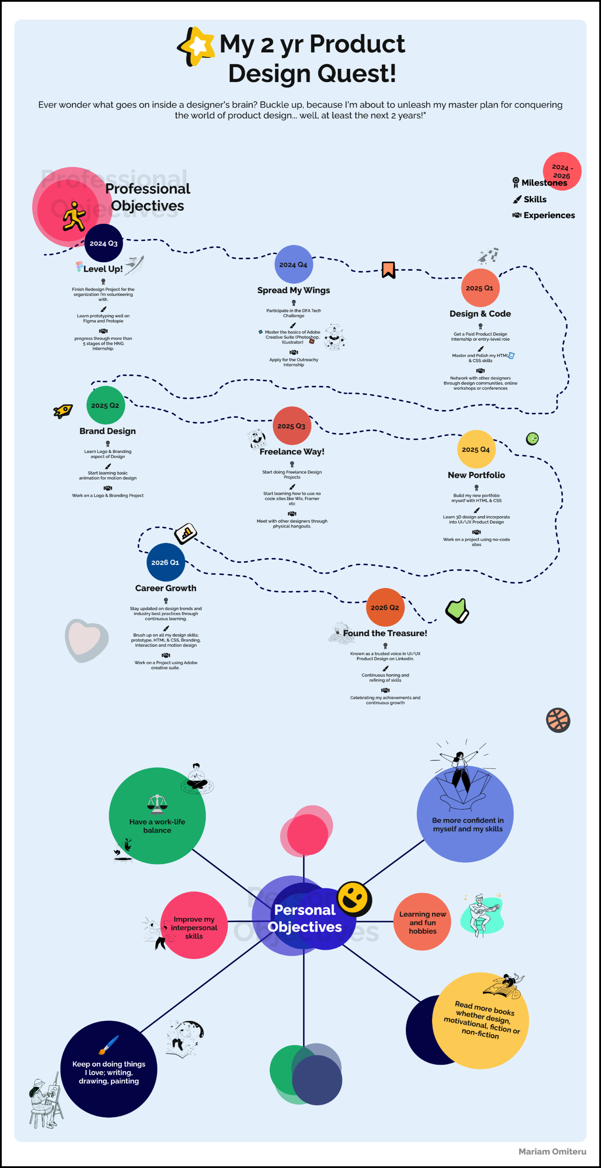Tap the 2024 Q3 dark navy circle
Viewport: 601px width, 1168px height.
tap(103, 243)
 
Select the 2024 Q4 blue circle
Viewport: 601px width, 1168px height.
tap(293, 264)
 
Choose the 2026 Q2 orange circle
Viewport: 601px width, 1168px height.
tap(385, 607)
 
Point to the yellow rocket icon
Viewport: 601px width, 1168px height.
tap(63, 411)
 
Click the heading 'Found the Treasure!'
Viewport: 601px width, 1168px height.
tap(385, 633)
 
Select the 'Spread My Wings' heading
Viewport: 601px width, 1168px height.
tap(293, 290)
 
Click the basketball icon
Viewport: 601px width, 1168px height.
tap(558, 720)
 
